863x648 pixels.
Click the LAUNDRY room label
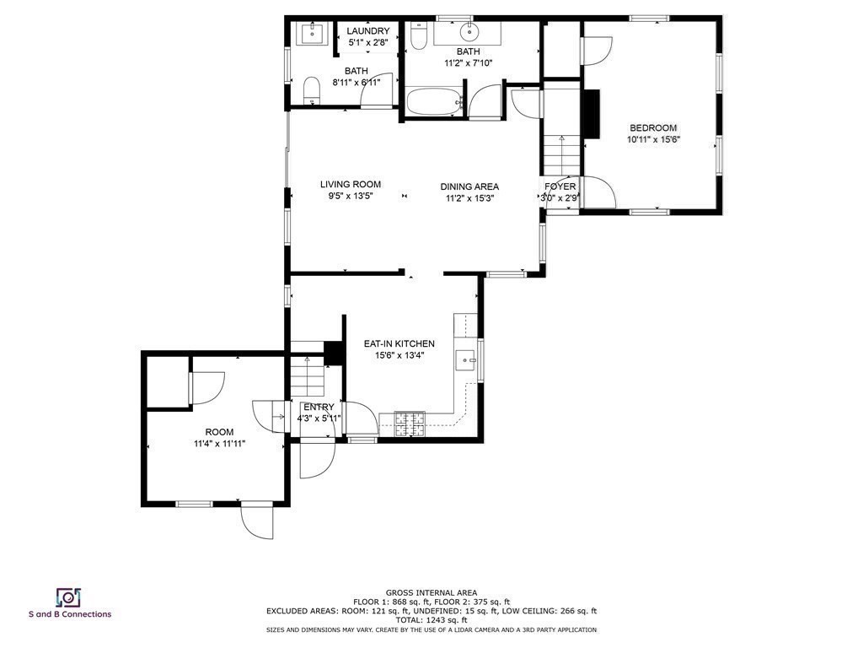point(368,31)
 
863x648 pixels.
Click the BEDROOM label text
point(652,127)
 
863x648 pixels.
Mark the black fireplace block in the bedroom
point(592,113)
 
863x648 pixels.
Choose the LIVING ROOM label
point(350,184)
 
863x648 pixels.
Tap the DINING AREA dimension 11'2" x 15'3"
point(469,198)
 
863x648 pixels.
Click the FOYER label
point(560,186)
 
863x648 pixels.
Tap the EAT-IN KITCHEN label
point(399,343)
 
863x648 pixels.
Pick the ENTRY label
point(318,408)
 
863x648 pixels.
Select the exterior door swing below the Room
point(256,521)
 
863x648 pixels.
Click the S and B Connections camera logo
point(68,597)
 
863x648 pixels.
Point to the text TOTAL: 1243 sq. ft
point(431,620)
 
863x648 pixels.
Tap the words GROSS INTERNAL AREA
point(431,592)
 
